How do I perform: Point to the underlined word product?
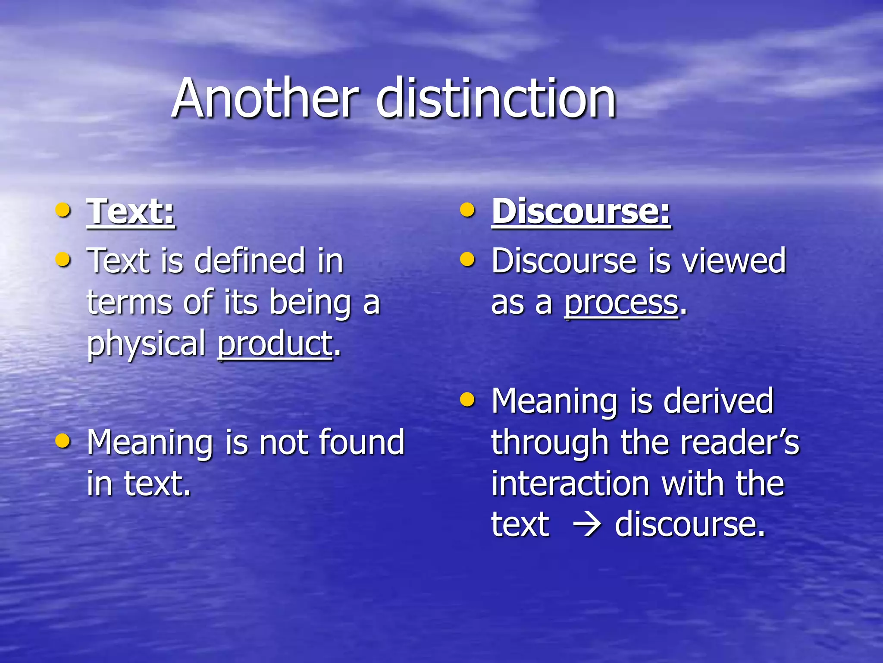(275, 344)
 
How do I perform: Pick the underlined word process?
(621, 303)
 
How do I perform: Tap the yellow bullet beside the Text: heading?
(63, 211)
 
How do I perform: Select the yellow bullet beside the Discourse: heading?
(467, 211)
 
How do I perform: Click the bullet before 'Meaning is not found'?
(63, 441)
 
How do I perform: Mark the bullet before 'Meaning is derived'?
(467, 400)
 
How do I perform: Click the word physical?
(147, 344)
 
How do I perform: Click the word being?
(310, 303)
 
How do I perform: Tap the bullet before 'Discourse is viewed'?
(467, 260)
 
